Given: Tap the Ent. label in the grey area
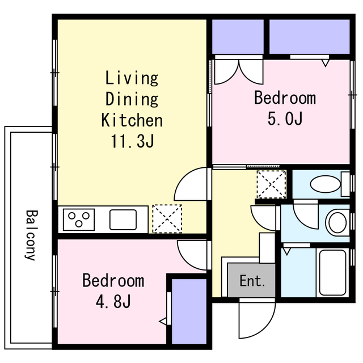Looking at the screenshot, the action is (x=252, y=281).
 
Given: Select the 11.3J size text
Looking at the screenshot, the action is (x=132, y=141).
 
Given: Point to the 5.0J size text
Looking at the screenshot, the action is (x=285, y=119).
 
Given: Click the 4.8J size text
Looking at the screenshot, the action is (x=113, y=301).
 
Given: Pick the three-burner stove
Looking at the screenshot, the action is (x=79, y=220).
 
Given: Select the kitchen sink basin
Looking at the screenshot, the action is (x=123, y=220).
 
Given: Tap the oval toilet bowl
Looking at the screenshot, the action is (x=325, y=184).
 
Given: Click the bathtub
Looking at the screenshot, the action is (x=333, y=272).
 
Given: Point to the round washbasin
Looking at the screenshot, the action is (x=337, y=222).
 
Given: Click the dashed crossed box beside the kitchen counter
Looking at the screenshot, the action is (x=167, y=218).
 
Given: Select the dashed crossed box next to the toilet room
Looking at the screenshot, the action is (x=271, y=184).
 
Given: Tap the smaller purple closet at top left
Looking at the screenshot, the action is (x=238, y=37).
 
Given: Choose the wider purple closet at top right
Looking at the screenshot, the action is (x=310, y=37).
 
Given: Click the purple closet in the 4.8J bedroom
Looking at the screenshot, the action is (x=189, y=311).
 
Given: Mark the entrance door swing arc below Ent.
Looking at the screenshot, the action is (x=266, y=329).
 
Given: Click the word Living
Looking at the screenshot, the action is (x=132, y=78).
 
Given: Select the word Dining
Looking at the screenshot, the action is (x=132, y=99).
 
